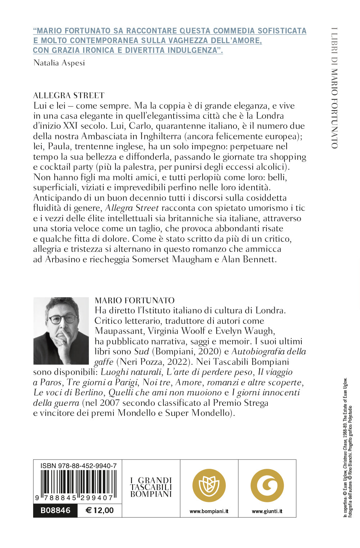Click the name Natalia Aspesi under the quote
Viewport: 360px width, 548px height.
coord(59,63)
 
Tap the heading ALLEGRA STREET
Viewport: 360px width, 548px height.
coord(69,95)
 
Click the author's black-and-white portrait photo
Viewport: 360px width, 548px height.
coord(61,330)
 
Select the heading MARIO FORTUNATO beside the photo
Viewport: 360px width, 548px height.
coord(134,300)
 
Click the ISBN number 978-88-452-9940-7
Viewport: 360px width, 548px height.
coord(78,466)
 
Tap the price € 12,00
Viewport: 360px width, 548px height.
coord(100,510)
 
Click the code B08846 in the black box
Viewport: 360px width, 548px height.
coord(55,510)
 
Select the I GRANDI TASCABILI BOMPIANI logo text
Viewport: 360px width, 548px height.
coord(151,487)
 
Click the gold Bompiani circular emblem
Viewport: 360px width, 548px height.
coord(209,486)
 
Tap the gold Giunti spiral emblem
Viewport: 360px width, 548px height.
coord(267,486)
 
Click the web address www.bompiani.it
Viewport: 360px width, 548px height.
coord(209,511)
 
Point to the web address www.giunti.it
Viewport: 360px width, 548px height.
coord(267,511)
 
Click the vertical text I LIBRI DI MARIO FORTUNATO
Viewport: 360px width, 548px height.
coord(334,88)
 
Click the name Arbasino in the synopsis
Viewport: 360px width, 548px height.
coord(63,259)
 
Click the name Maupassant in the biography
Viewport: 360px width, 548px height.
coord(117,331)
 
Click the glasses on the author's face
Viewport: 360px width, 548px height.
coord(62,318)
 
